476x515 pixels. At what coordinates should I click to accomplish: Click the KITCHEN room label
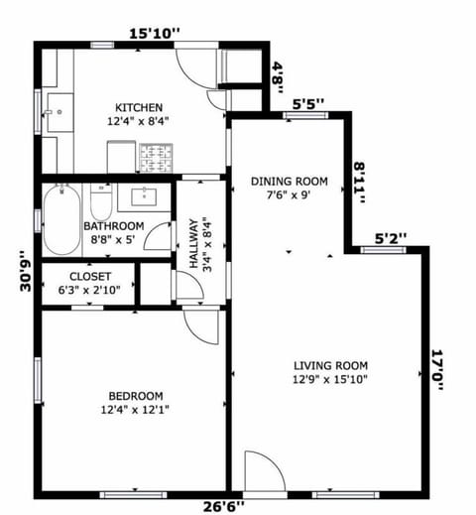click(139, 107)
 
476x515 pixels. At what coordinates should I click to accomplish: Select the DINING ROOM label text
click(289, 181)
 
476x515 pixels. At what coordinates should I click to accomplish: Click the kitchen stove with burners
click(155, 157)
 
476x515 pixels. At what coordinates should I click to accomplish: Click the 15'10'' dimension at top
click(155, 34)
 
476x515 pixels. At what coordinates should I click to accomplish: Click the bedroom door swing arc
click(198, 327)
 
